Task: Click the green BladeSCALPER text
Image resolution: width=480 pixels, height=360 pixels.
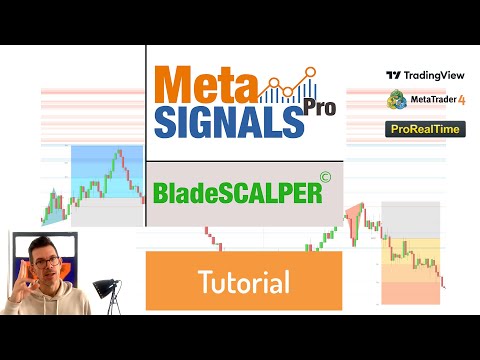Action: click(238, 192)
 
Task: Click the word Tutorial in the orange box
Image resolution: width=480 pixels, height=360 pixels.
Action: click(243, 281)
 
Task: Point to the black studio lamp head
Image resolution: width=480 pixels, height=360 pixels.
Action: click(102, 287)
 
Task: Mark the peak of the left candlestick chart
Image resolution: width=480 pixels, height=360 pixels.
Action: click(119, 152)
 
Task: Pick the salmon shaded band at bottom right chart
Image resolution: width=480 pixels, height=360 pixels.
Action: click(411, 292)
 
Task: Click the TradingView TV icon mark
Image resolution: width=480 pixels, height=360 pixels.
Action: click(393, 75)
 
